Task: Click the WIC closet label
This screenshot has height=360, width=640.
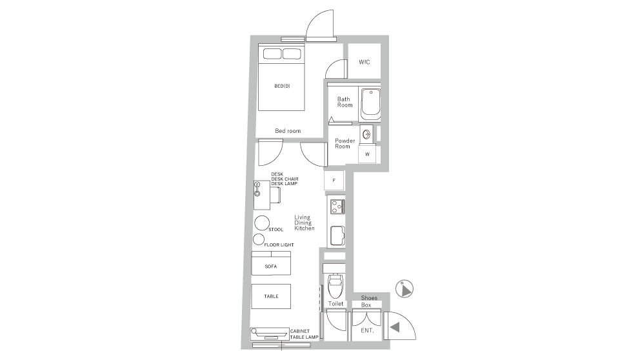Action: click(364, 62)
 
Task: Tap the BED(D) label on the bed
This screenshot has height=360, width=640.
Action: click(282, 86)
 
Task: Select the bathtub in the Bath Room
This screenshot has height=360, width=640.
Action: click(370, 104)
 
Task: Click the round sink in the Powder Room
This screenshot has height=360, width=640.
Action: click(366, 134)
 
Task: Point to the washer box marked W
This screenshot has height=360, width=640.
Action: click(367, 154)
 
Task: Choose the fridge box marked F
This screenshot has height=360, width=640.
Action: click(334, 181)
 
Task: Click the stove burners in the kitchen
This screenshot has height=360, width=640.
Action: click(337, 206)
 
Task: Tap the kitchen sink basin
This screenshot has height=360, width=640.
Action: click(337, 235)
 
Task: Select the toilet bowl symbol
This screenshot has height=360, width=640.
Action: click(335, 286)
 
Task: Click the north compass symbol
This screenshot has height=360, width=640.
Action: click(405, 289)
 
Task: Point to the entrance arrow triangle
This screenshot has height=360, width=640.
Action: click(395, 327)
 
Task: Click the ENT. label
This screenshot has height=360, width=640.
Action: click(367, 330)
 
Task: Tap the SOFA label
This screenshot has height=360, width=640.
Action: click(270, 266)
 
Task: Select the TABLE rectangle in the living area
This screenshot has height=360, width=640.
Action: click(271, 296)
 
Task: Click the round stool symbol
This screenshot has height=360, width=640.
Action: click(262, 223)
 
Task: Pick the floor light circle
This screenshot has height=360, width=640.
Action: click(258, 239)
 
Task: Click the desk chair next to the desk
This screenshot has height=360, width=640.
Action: click(275, 195)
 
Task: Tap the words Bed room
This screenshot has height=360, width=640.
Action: click(288, 131)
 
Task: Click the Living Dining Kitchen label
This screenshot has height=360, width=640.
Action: click(304, 223)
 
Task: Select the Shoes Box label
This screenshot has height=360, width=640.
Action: click(368, 301)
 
